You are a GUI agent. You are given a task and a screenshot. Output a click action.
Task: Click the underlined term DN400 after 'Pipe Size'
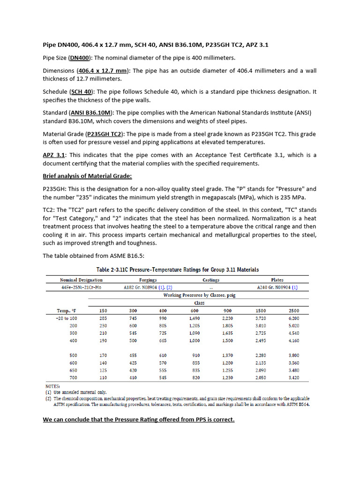(x=80, y=58)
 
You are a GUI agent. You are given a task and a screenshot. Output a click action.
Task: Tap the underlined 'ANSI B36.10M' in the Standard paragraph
(x=91, y=113)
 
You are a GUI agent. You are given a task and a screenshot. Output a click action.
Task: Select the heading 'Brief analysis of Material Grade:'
(x=87, y=176)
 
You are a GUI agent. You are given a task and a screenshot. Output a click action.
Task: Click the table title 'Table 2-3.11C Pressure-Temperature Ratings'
(x=178, y=270)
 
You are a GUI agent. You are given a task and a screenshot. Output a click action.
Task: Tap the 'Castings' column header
(x=210, y=280)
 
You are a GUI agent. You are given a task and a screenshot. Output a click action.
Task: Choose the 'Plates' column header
(x=277, y=280)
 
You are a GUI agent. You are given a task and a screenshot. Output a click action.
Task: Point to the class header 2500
(x=294, y=310)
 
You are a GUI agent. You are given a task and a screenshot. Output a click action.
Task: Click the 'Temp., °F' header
(x=66, y=310)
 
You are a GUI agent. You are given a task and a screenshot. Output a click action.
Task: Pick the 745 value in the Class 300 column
(x=134, y=318)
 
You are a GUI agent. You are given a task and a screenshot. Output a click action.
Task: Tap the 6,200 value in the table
(x=294, y=318)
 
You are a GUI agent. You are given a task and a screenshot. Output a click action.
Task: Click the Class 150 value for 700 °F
(x=103, y=377)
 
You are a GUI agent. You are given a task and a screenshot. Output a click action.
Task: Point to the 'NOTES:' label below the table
(x=52, y=386)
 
